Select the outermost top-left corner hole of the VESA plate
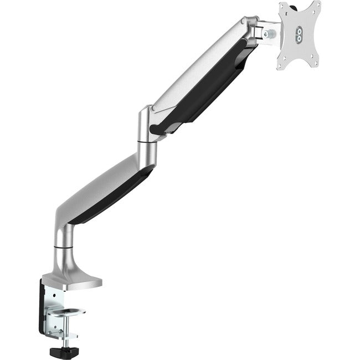[282, 7]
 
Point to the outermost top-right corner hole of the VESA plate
[317, 5]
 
